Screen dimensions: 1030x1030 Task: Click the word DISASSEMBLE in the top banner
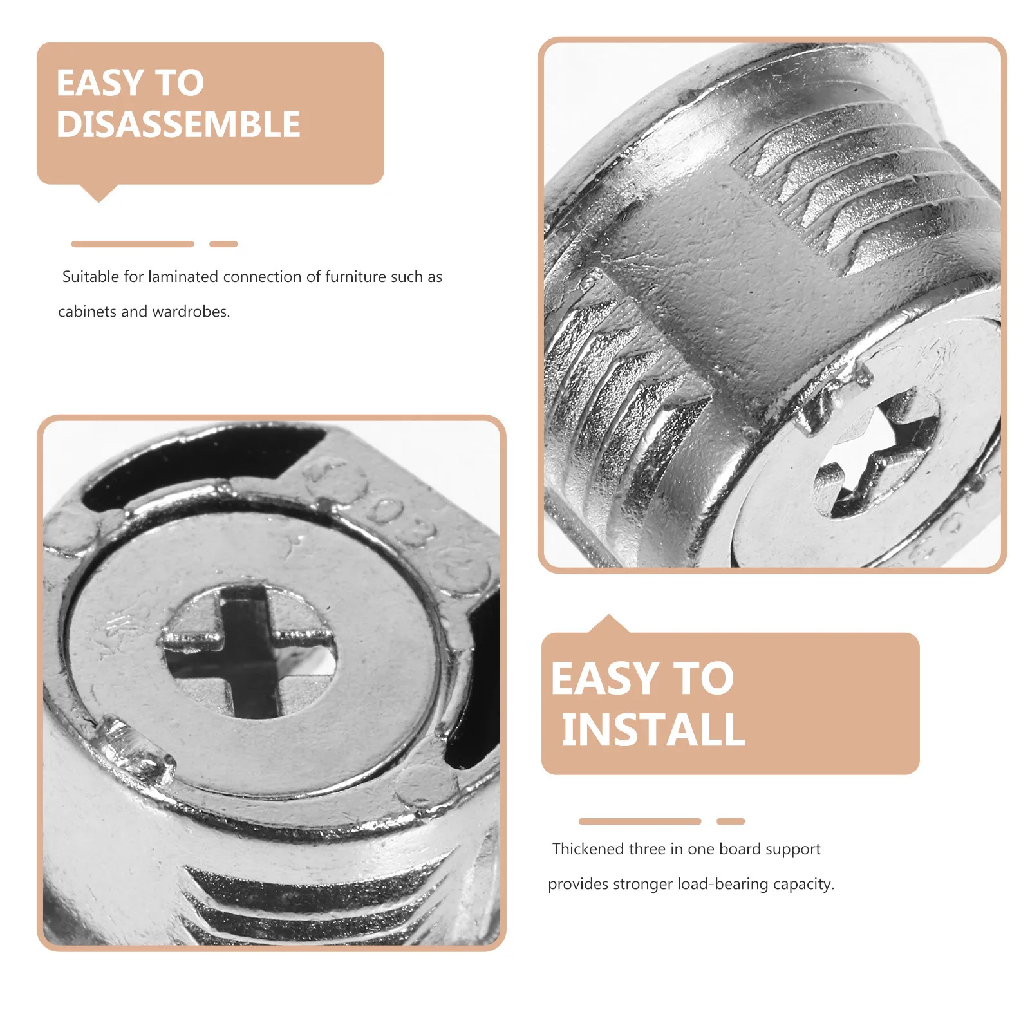click(x=178, y=124)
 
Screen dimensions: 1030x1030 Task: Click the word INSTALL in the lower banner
click(x=653, y=729)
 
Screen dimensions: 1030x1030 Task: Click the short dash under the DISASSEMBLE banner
click(x=223, y=244)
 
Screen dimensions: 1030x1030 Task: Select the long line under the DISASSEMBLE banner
click(x=133, y=244)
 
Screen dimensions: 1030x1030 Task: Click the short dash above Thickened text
click(x=731, y=821)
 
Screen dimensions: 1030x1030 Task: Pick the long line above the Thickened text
click(x=640, y=821)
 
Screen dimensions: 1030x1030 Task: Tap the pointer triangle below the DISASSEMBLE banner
click(x=98, y=192)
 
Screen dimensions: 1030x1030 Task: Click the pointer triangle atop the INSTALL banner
click(x=608, y=624)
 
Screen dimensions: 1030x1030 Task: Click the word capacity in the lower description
click(x=803, y=885)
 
